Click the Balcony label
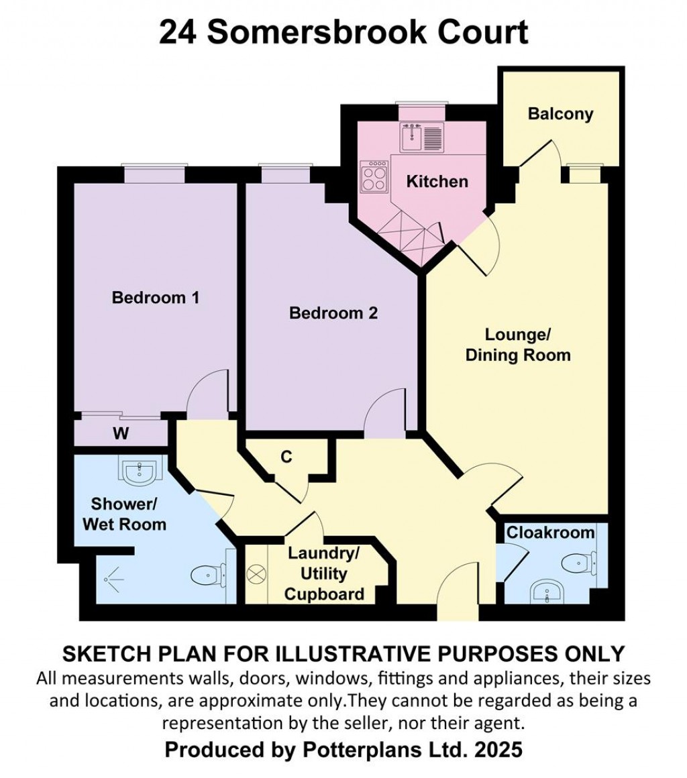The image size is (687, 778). coord(560,114)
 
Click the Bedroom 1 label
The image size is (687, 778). coord(156,298)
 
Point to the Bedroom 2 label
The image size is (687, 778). coord(333,313)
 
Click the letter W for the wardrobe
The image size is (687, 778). coord(121,434)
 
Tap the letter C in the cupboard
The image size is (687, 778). coord(286,457)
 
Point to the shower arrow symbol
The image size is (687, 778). coord(114,579)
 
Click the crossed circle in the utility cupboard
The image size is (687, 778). coord(256,575)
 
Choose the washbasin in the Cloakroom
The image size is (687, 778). coord(547,592)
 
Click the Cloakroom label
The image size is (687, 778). coord(550,533)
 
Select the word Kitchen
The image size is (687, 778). coord(437,182)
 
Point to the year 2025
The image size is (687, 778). coord(498,749)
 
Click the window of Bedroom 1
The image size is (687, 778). coord(154,174)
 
